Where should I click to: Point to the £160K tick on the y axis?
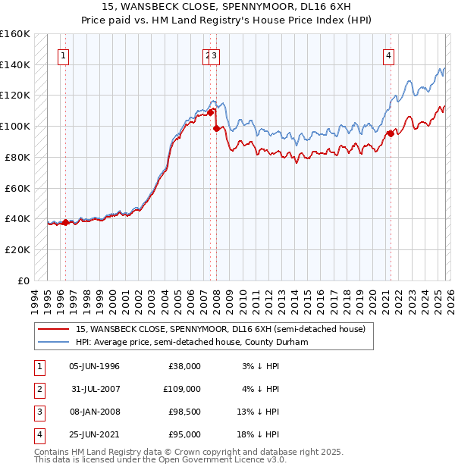click(15, 34)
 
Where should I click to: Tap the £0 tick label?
click(24, 280)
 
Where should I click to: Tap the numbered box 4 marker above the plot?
click(388, 55)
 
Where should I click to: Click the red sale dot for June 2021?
click(391, 133)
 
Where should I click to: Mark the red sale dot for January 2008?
click(216, 128)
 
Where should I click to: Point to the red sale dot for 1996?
click(65, 222)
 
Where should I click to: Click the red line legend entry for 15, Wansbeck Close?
click(220, 329)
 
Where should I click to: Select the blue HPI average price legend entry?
click(200, 343)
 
